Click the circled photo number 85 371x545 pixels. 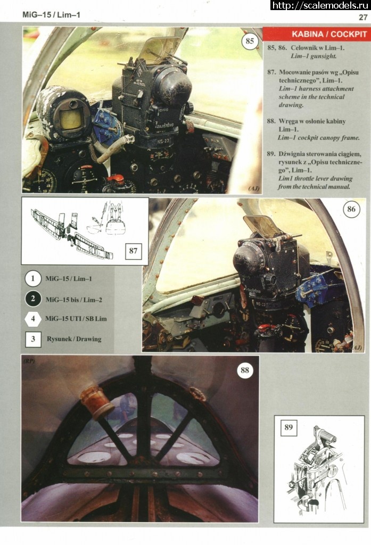tap(250, 41)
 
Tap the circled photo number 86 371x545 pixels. tap(351, 209)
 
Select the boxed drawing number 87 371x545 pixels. tap(133, 251)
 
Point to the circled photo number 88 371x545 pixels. tap(245, 370)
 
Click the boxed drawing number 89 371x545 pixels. tap(288, 427)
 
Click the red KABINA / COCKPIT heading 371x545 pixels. tap(329, 34)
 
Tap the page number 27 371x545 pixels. tap(363, 18)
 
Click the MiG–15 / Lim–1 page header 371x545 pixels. tap(51, 15)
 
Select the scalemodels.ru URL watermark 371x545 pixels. tap(320, 5)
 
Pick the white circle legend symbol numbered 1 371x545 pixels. tap(33, 279)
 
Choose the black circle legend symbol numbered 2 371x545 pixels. tap(33, 299)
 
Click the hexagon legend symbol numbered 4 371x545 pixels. tap(33, 319)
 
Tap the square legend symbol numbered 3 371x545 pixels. tap(33, 339)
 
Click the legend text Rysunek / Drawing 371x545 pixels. tap(74, 339)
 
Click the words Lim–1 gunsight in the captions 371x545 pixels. tap(314, 56)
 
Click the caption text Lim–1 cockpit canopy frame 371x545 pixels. tap(319, 138)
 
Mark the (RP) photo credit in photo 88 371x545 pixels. tap(29, 361)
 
